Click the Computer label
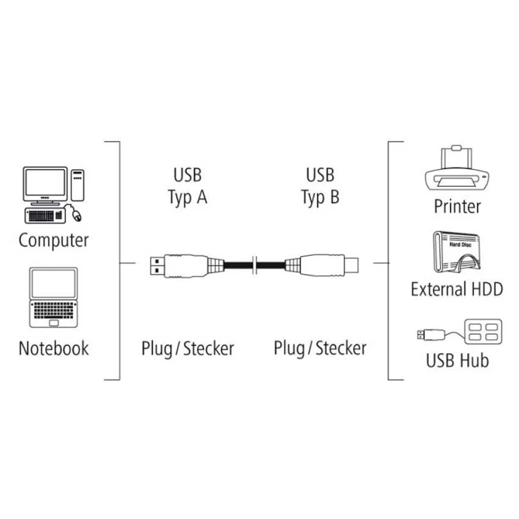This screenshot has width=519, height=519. (53, 240)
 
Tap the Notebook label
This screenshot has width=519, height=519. (53, 348)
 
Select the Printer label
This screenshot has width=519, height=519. (457, 206)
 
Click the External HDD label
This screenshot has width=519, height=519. (457, 289)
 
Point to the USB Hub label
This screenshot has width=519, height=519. (457, 360)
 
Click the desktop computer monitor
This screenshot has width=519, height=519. (46, 184)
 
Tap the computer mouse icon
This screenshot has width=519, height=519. (77, 215)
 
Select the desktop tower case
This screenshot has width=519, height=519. (77, 184)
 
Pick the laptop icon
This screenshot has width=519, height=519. (53, 297)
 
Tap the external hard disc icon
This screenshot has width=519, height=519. (457, 253)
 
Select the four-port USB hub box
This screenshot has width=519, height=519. (483, 331)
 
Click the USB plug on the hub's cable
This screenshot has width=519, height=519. (426, 334)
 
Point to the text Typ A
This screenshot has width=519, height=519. (187, 197)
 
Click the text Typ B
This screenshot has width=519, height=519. (320, 197)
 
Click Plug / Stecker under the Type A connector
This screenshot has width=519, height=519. (187, 348)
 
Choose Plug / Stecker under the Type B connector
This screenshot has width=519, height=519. (320, 348)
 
